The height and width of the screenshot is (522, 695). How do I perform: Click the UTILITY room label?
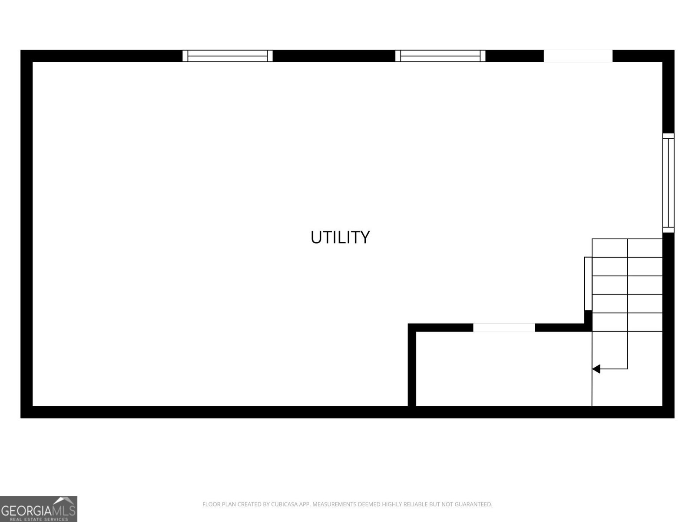click(x=340, y=238)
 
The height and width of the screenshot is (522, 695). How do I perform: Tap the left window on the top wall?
click(x=227, y=56)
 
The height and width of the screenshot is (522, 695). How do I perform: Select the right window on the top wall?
click(x=440, y=56)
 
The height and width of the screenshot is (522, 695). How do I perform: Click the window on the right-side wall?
click(x=669, y=183)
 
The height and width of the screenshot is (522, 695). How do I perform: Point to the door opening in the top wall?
click(x=578, y=56)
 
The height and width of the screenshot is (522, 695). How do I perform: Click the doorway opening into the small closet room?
click(x=504, y=328)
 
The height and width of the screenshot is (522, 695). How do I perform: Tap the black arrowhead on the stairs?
click(x=596, y=369)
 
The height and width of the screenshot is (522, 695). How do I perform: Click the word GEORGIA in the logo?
click(x=26, y=511)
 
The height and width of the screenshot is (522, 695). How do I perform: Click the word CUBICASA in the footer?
click(x=285, y=504)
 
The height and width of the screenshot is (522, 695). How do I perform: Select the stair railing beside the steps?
click(x=588, y=284)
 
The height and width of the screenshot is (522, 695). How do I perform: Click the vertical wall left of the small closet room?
click(x=412, y=365)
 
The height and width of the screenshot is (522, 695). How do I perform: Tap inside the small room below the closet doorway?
click(x=503, y=369)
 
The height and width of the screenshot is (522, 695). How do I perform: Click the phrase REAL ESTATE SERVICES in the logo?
click(x=39, y=519)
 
